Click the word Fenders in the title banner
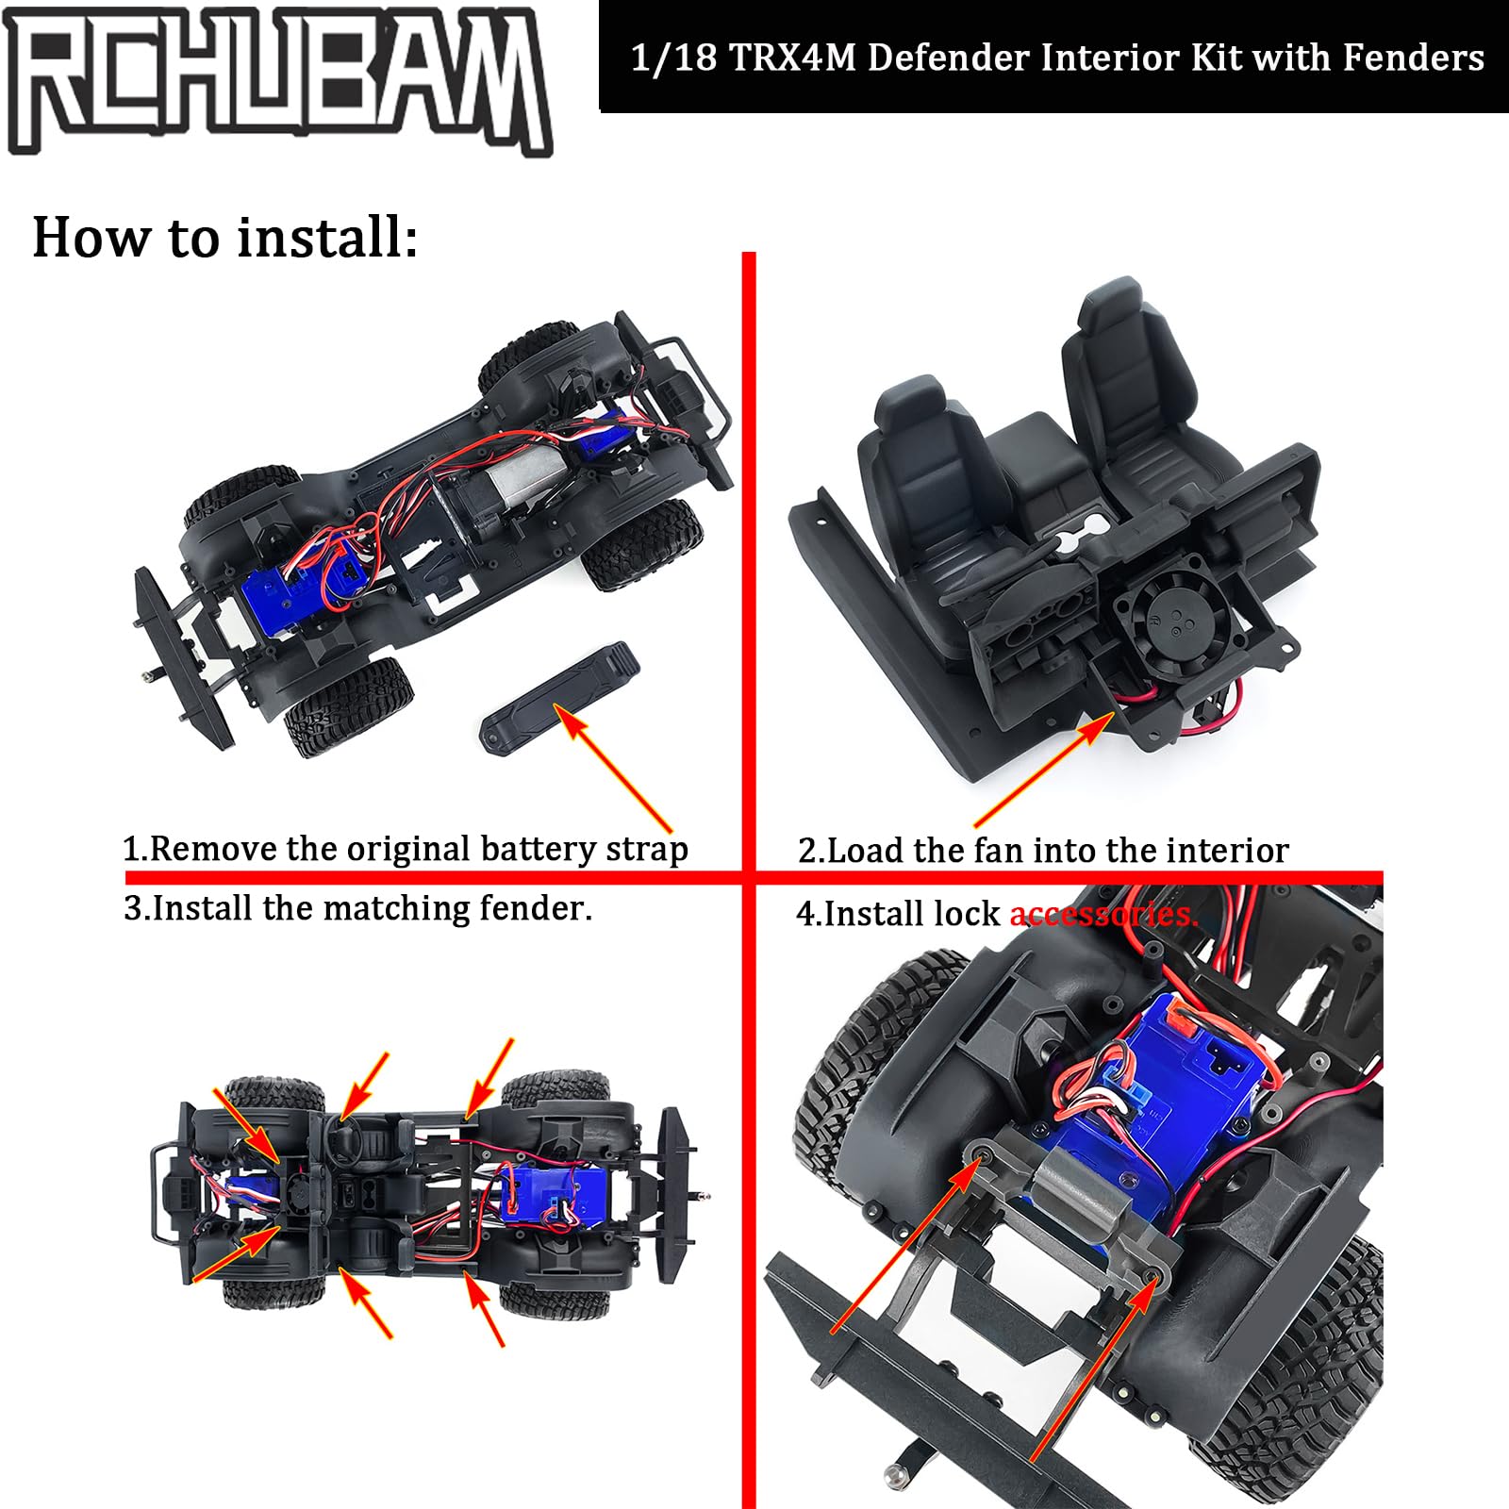[1413, 58]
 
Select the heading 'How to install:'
[224, 237]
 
